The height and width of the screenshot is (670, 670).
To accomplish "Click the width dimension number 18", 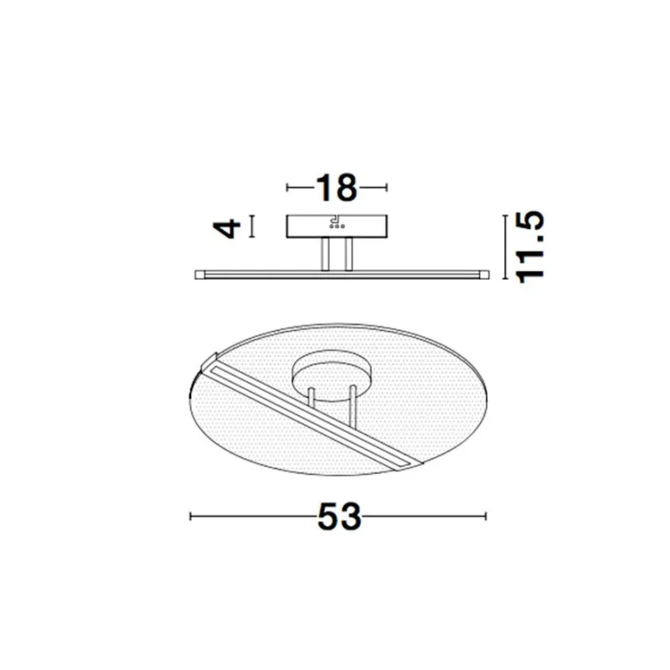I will [x=337, y=188].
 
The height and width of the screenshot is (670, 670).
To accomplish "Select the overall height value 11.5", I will [x=531, y=247].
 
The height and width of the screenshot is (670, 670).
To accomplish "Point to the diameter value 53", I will [x=339, y=518].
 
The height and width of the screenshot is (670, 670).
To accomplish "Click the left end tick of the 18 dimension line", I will [x=288, y=188].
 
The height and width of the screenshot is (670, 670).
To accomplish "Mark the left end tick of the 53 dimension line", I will [x=192, y=517].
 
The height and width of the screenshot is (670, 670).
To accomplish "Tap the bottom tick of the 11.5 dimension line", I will [x=506, y=279].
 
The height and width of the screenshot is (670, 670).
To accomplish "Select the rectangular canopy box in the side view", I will [x=337, y=226].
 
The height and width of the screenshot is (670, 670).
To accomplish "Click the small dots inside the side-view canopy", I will [x=336, y=224].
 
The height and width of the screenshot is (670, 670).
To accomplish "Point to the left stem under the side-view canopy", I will [x=325, y=255].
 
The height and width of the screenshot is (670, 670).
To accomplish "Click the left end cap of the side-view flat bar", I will [x=198, y=274].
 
